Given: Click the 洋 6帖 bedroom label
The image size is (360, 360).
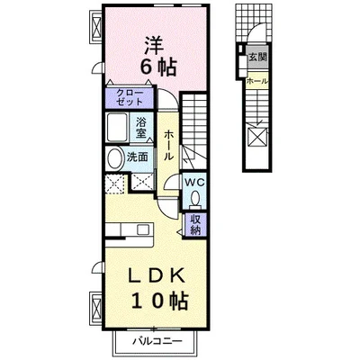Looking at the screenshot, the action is [157, 56].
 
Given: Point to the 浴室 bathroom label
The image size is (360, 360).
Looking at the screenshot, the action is [140, 128].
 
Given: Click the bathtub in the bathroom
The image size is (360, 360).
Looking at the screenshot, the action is [117, 127].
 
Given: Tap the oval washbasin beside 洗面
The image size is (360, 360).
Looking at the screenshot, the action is [113, 158].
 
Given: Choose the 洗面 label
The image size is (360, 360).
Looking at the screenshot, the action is [138, 157].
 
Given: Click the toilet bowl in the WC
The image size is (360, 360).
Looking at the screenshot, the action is [196, 199].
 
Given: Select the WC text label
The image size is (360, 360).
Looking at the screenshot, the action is [194, 182].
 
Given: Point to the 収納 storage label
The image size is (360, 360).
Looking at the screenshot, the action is [194, 225].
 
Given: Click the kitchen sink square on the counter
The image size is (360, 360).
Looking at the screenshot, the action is [141, 229].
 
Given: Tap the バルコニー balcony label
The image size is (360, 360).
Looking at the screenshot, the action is [157, 341].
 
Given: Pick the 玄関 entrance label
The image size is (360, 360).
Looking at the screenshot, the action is [257, 57].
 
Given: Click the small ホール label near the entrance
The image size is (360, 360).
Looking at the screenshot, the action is [257, 81].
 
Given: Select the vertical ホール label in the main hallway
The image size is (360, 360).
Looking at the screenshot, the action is [168, 145].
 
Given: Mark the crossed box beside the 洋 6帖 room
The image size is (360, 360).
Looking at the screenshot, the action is [97, 27].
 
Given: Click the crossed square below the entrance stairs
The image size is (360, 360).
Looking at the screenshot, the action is [257, 136].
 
